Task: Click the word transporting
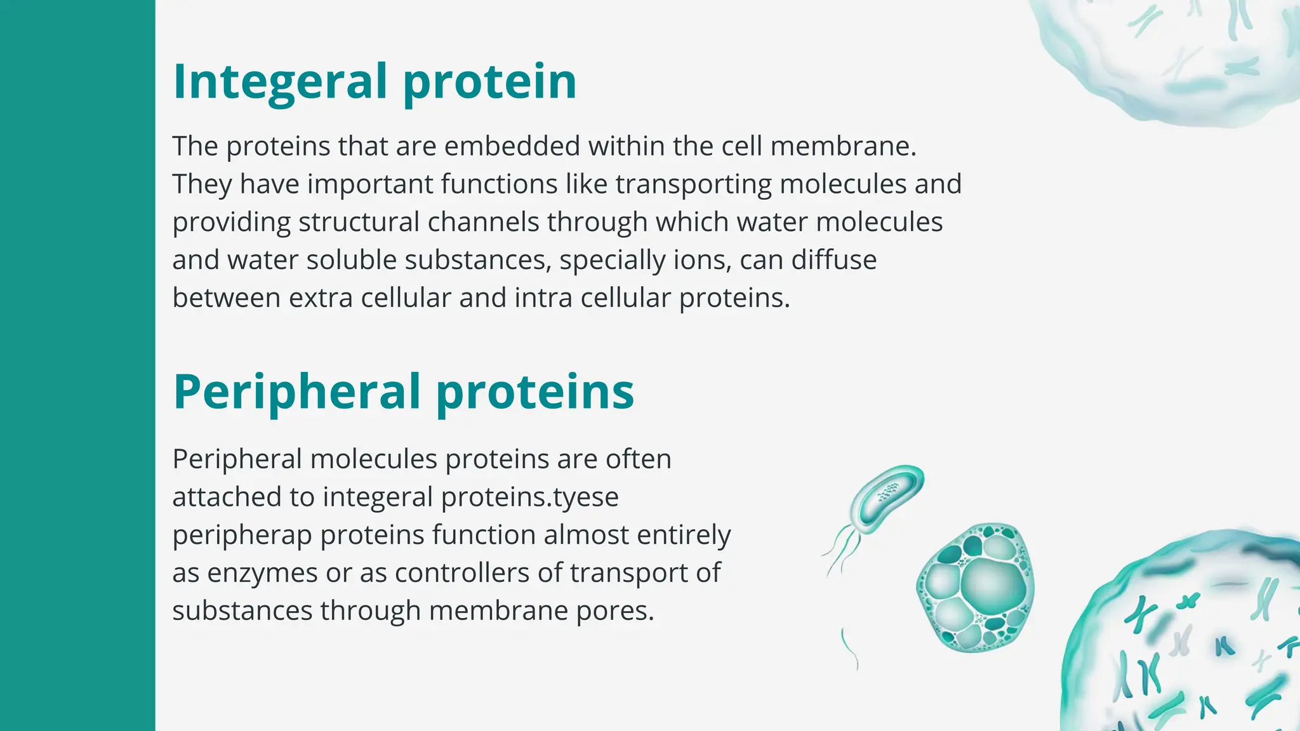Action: [693, 185]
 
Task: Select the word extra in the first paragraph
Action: [321, 298]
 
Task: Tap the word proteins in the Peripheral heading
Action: [534, 392]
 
